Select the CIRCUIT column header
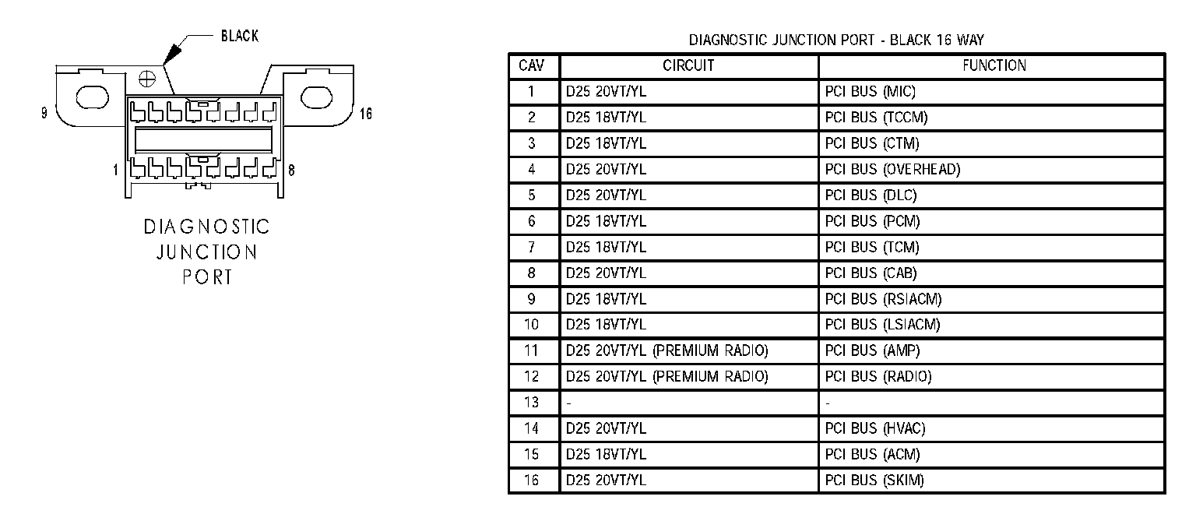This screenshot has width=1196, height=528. coord(688,66)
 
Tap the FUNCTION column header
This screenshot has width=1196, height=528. coord(994,66)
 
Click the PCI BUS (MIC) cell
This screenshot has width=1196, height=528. coord(870,92)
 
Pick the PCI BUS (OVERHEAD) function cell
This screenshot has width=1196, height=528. coord(892,170)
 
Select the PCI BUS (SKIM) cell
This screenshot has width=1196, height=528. coord(874,480)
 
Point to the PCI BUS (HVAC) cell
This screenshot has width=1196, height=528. coord(875,428)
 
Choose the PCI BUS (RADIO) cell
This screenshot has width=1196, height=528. coord(878,377)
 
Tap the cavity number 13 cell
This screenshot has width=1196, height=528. coord(531,403)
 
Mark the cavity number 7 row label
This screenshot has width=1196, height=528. coord(532,248)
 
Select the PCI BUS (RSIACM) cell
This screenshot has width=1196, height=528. coord(883,299)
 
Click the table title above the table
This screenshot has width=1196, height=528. coord(836,40)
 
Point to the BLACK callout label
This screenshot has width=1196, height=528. coord(240,36)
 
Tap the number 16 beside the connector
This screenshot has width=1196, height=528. coord(365,114)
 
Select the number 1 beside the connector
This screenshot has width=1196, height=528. coord(115,169)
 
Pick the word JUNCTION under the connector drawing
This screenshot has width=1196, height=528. coord(206,252)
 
